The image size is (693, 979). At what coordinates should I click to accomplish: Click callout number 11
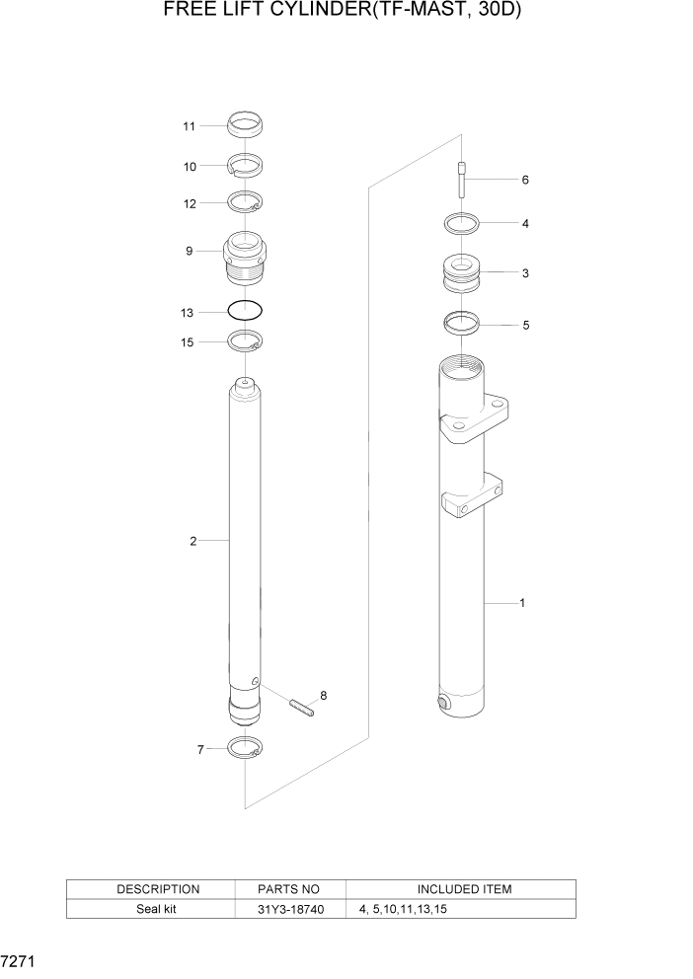click(189, 125)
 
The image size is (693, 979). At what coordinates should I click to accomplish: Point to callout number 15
click(189, 341)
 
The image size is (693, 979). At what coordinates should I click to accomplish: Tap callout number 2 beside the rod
click(193, 541)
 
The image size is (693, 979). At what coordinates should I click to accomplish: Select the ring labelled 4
click(461, 223)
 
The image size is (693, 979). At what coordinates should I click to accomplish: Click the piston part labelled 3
click(461, 273)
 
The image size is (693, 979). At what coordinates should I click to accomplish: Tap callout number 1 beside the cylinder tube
click(521, 603)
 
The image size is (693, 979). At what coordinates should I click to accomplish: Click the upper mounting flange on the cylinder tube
click(478, 420)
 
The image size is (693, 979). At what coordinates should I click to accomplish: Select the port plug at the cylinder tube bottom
click(443, 703)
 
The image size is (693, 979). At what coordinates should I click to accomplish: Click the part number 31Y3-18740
click(288, 909)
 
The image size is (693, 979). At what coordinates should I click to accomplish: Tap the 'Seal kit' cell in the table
click(158, 909)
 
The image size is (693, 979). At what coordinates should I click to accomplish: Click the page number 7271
click(20, 959)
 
